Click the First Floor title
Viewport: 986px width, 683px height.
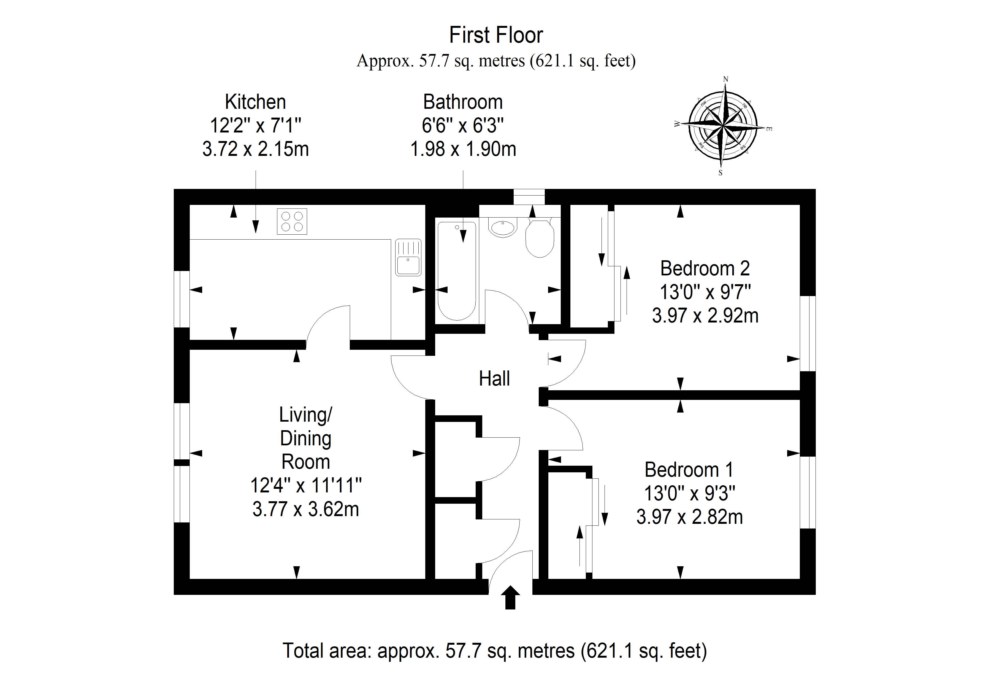496,35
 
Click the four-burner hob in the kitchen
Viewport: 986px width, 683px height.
292,221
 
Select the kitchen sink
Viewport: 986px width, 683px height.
408,257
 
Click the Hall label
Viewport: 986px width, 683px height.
494,379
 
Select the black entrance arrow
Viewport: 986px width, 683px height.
510,597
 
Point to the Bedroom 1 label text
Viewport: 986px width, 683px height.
689,470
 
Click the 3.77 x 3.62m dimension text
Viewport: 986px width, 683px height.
305,509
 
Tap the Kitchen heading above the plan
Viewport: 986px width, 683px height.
256,102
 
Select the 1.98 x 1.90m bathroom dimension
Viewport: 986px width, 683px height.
463,149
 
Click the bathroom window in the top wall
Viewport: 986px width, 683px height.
529,197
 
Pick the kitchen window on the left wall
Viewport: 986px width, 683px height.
182,299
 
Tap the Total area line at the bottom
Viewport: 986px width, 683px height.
495,651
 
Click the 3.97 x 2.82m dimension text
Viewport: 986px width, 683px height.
689,517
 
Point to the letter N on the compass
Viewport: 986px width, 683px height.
725,79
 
